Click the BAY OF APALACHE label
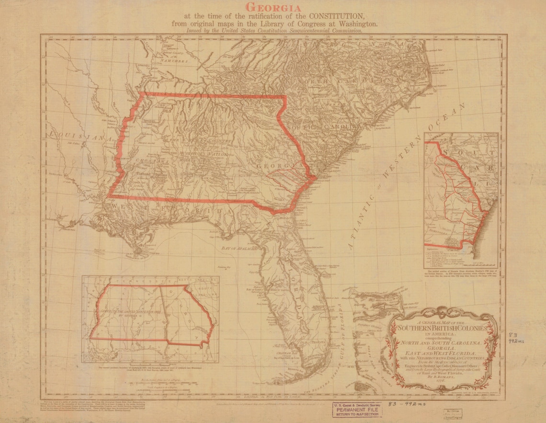coord(240,249)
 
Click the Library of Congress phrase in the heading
coord(297,23)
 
